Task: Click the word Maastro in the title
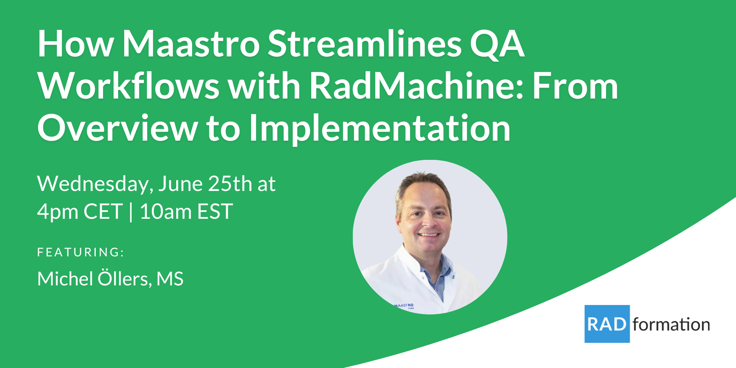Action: click(191, 44)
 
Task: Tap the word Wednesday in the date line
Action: click(95, 184)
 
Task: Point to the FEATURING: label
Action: click(81, 252)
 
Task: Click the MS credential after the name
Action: click(170, 279)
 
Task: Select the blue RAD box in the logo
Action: click(607, 324)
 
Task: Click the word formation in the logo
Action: click(671, 325)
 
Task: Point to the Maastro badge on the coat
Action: click(404, 305)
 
